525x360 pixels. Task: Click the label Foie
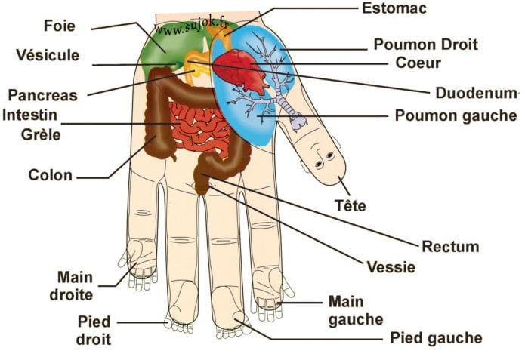point(59,26)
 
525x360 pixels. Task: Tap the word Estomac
point(394,8)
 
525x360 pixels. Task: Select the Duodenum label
point(476,93)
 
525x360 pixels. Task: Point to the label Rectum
point(450,247)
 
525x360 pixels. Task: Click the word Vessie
point(391,267)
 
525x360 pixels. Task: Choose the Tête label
point(351,205)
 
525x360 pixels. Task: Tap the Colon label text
point(50,175)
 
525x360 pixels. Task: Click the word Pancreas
point(42,95)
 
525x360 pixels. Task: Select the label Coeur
point(418,63)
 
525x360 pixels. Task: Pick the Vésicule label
point(48,55)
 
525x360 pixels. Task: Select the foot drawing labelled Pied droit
point(181,307)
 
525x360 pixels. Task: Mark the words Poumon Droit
point(425,45)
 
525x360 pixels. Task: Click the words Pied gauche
point(437,338)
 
